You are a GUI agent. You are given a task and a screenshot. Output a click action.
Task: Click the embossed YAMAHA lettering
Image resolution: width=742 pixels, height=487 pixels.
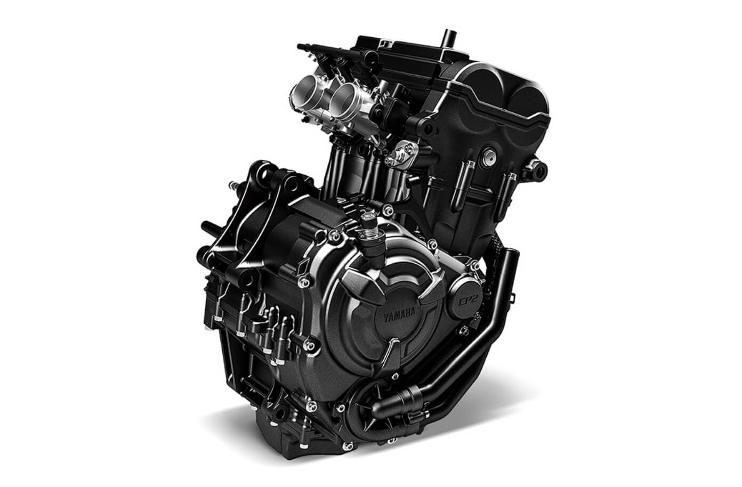click(x=399, y=315)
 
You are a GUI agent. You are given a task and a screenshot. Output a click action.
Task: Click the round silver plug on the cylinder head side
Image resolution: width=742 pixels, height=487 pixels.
click(x=489, y=158)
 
